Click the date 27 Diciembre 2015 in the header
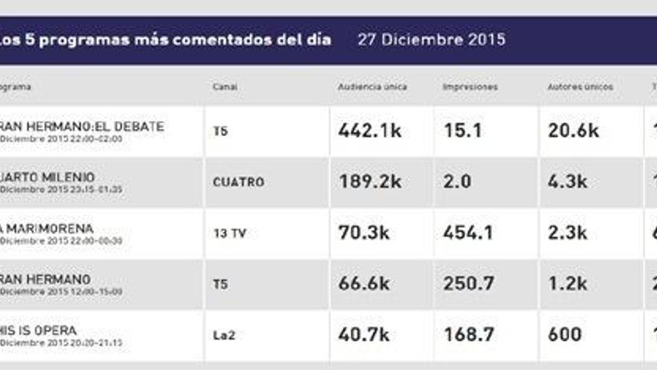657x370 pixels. pos(431,40)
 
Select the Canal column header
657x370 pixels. pos(225,87)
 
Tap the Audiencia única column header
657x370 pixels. pos(373,87)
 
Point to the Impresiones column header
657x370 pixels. pos(470,87)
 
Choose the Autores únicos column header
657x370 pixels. pos(580,87)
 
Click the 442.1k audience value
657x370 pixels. pos(370,131)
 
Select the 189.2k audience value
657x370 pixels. pos(370,182)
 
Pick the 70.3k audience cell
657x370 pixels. pos(364,232)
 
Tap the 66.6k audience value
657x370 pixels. pos(364,283)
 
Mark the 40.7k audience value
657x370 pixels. pos(364,334)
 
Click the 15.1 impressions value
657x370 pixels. pos(462,131)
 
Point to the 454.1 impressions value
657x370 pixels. pos(467,232)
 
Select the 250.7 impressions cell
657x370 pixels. pos(467,283)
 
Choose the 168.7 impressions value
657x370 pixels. pos(467,334)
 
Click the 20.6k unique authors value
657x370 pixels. pos(573,131)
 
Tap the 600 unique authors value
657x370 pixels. pos(566,334)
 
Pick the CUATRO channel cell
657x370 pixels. pos(238,182)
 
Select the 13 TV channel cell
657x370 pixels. pos(229,233)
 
